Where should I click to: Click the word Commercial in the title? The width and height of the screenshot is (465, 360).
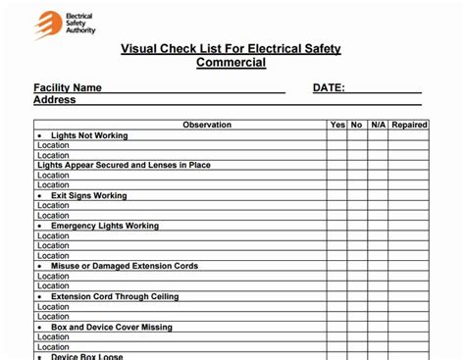231,63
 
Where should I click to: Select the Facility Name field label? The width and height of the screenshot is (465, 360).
68,87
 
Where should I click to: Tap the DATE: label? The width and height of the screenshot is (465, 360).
329,87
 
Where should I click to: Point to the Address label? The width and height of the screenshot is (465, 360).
55,100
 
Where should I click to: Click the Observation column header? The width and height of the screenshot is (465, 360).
207,125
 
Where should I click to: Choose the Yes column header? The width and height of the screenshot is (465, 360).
337,125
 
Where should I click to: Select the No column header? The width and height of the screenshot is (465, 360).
356,125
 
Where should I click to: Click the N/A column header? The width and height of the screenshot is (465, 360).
377,125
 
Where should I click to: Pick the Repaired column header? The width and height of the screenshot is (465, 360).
409,125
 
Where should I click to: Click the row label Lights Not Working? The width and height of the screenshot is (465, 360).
89,135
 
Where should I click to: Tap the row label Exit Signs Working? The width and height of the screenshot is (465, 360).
89,195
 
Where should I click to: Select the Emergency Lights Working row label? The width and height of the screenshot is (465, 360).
105,226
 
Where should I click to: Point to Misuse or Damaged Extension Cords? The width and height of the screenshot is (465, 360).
125,266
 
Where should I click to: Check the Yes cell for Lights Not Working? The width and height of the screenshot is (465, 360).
337,135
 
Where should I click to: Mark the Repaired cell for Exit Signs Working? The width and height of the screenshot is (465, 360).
409,195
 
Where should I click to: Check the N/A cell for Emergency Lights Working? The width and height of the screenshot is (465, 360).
377,226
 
